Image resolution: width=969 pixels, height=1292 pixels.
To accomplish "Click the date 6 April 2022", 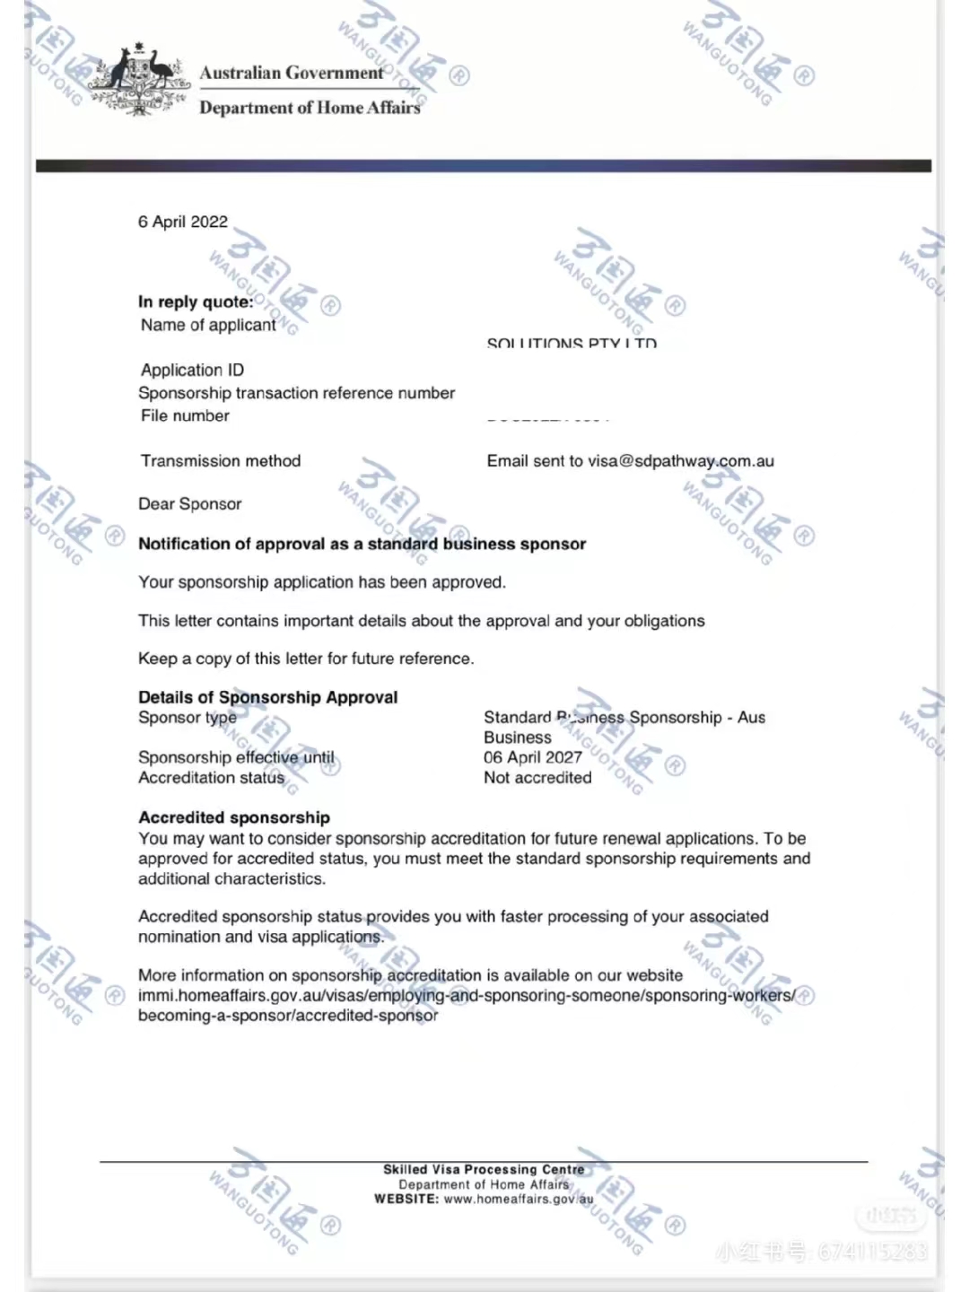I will [183, 222].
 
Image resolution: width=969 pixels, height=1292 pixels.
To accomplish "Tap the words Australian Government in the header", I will [292, 73].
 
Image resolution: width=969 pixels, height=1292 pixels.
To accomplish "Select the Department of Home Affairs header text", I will [310, 108].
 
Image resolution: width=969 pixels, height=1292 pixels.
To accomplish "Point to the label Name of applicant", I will [208, 325].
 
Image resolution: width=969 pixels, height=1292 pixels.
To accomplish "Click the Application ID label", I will [192, 370].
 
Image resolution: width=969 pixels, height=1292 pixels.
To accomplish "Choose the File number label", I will [185, 415].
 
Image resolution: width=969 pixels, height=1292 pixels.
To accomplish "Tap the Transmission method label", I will [221, 460].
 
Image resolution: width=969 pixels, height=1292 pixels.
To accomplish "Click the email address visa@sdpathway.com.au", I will [681, 461].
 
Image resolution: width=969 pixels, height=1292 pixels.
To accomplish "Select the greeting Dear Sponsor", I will [190, 503].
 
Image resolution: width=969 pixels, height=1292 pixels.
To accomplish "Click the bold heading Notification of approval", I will [362, 544].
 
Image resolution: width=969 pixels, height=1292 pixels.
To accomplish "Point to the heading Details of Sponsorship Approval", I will [267, 697].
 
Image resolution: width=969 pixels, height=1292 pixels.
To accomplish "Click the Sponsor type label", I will [188, 717].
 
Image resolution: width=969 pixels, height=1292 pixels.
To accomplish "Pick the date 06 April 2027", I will [533, 757].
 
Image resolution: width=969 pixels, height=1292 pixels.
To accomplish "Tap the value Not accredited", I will [537, 778].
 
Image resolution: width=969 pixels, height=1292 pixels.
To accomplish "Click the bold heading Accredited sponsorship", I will [234, 817].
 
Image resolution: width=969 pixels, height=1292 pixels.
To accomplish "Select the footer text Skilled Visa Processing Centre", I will [484, 1169].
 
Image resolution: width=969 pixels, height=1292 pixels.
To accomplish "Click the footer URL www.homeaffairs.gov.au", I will [519, 1199].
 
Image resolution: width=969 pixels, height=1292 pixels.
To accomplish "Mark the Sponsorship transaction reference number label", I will [296, 393].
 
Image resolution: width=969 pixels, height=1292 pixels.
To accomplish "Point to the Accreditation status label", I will [211, 778].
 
